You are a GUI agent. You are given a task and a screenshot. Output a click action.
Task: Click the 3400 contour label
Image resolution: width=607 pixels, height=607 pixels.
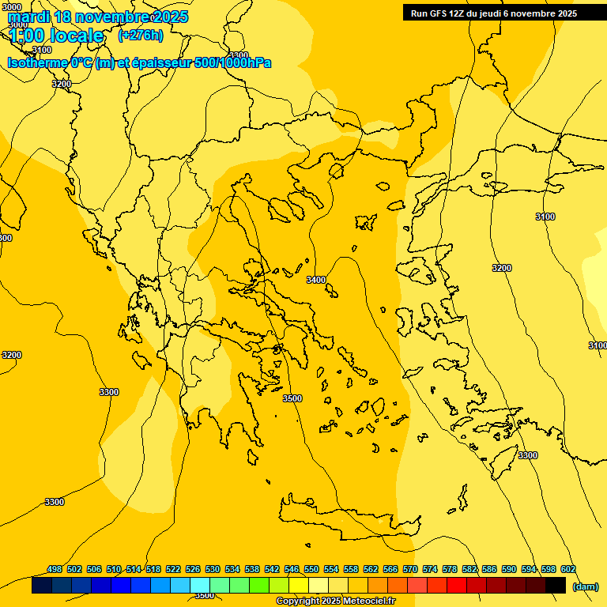316,280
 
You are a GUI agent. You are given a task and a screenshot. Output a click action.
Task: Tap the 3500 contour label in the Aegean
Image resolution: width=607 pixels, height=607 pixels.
292,398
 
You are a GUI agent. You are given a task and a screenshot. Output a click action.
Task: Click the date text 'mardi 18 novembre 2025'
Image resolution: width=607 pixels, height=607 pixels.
97,17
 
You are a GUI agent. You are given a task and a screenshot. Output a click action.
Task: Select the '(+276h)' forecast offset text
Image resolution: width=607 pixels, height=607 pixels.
141,35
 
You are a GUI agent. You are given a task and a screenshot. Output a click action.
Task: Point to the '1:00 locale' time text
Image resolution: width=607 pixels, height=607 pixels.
57,36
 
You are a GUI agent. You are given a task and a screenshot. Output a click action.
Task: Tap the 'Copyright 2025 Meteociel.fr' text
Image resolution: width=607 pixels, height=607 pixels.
335,601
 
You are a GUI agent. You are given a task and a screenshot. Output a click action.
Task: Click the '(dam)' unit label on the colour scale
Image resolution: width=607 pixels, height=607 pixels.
585,586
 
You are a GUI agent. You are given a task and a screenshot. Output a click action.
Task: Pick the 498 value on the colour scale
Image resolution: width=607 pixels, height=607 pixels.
55,569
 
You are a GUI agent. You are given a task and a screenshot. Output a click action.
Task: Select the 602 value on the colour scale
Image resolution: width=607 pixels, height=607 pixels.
568,569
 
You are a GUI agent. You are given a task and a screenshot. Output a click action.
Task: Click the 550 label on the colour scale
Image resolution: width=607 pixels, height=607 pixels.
311,569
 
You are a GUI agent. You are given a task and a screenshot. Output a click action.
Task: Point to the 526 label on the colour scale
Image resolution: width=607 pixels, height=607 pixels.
193,569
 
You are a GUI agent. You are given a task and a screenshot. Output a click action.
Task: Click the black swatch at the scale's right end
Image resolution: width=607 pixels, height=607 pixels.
556,585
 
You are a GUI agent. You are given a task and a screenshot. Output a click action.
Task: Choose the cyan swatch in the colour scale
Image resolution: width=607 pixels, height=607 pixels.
200,585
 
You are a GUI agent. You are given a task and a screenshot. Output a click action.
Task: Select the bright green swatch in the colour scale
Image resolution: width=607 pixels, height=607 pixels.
259,585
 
